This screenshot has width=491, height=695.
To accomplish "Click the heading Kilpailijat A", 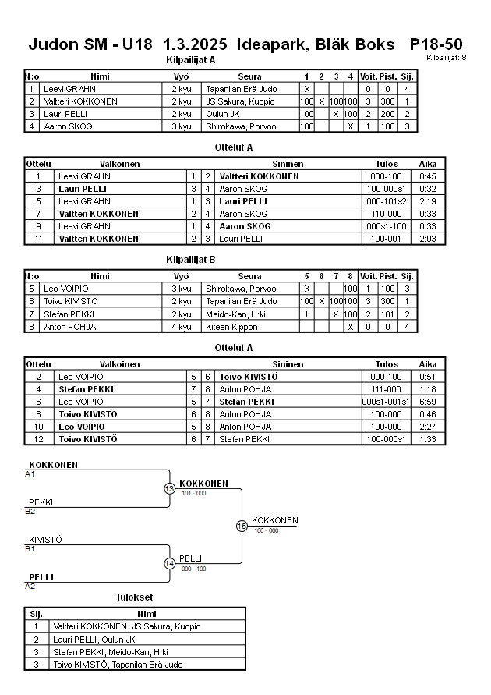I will click(x=190, y=59).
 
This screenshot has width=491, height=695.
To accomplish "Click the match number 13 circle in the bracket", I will click(x=169, y=488).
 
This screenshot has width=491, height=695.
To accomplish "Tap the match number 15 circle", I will click(x=242, y=527).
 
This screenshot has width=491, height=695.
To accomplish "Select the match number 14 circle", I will click(x=169, y=563).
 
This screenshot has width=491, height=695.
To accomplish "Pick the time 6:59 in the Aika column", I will click(x=428, y=402).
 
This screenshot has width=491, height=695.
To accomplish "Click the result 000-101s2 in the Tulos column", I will click(x=386, y=201).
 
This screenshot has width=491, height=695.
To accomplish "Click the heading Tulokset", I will click(x=135, y=597).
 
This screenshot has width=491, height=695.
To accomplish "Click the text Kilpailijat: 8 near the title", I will click(x=447, y=58).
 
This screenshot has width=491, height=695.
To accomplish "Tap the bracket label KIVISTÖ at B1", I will click(x=45, y=540).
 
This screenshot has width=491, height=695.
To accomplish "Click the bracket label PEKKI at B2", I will click(x=41, y=502).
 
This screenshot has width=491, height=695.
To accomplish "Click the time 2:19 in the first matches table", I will click(x=428, y=201).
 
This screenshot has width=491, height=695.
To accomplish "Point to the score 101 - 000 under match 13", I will click(x=194, y=494).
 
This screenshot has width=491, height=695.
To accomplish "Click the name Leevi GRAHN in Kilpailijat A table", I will click(x=66, y=89).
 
